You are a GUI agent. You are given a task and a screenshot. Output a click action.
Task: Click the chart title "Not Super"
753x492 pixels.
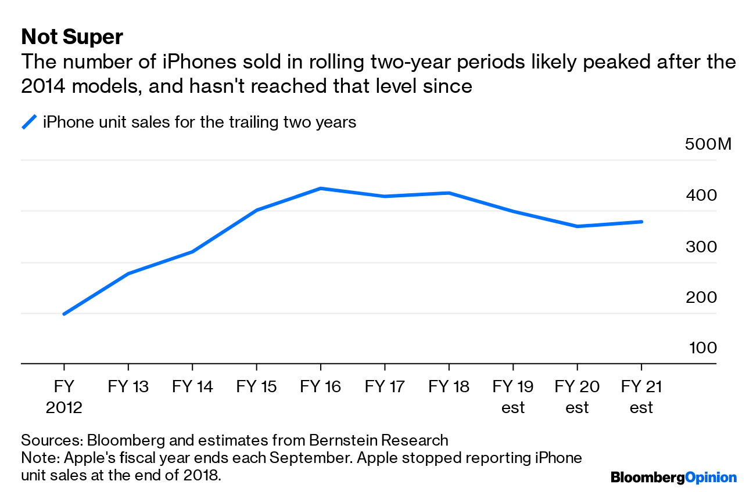[72, 37]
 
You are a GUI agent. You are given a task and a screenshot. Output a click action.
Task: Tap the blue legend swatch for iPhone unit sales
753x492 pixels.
[29, 122]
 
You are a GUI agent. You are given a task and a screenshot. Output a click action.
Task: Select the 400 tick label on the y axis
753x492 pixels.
[701, 196]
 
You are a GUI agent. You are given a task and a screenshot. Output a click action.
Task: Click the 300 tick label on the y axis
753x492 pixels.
[701, 247]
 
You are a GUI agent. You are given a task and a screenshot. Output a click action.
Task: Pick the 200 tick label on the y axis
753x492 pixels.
[701, 298]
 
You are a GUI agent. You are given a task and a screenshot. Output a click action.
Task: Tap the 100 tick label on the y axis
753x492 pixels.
[703, 348]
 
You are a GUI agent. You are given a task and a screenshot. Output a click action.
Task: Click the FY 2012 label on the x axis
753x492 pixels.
[64, 397]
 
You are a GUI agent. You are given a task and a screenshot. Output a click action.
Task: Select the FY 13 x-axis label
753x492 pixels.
[128, 387]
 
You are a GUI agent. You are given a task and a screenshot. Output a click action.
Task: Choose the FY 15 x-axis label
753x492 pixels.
[256, 387]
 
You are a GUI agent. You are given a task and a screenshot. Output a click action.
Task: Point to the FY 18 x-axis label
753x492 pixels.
[449, 387]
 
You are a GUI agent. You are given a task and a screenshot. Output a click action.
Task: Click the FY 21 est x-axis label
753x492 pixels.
[641, 397]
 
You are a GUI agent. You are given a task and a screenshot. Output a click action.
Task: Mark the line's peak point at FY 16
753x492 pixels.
[321, 189]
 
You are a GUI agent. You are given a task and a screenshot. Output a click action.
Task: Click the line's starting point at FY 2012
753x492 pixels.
[64, 314]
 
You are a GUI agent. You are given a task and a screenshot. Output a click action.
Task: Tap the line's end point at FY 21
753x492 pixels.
[641, 222]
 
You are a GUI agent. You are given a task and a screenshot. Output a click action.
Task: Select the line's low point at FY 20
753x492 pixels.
[577, 226]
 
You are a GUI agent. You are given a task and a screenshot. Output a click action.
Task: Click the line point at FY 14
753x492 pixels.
[192, 252]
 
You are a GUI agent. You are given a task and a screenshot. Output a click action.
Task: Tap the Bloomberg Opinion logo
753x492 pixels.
[673, 477]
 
